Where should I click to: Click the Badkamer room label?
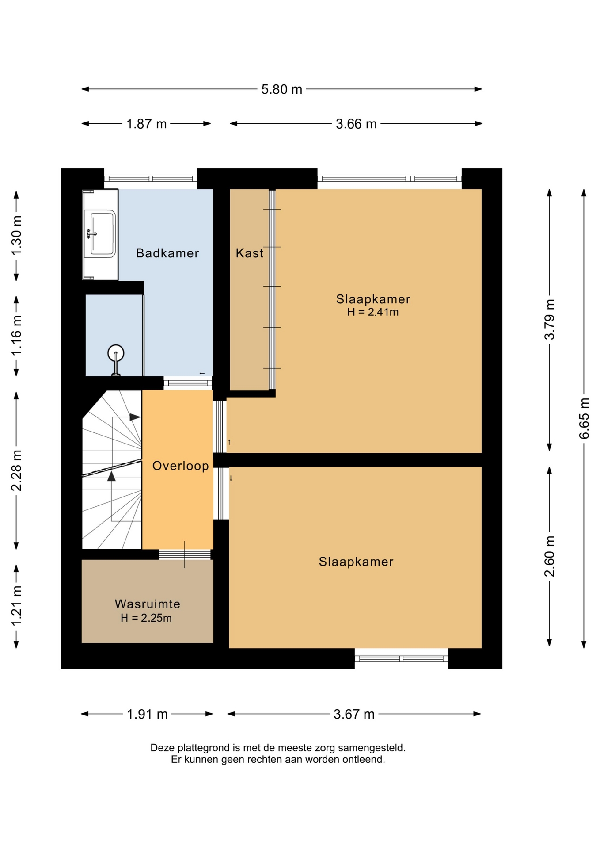point(167,253)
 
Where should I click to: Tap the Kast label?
point(249,253)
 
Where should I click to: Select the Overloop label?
point(180,466)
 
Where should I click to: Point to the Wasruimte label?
point(148,604)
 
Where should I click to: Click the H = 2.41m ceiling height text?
point(372,312)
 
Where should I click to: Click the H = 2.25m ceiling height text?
point(146,618)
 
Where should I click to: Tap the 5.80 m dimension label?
point(281,89)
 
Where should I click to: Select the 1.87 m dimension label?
point(146,124)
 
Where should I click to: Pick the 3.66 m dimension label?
point(356,124)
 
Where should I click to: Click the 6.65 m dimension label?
point(584,418)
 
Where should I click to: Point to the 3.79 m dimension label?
point(549,319)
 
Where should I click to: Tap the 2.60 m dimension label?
point(549,556)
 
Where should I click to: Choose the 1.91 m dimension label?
point(147,714)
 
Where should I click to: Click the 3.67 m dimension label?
point(354,714)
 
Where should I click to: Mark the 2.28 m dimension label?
point(16,470)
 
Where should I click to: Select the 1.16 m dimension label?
point(16,335)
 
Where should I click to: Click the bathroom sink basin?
point(103,234)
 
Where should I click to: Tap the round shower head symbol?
point(116,353)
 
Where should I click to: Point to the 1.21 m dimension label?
point(16,606)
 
